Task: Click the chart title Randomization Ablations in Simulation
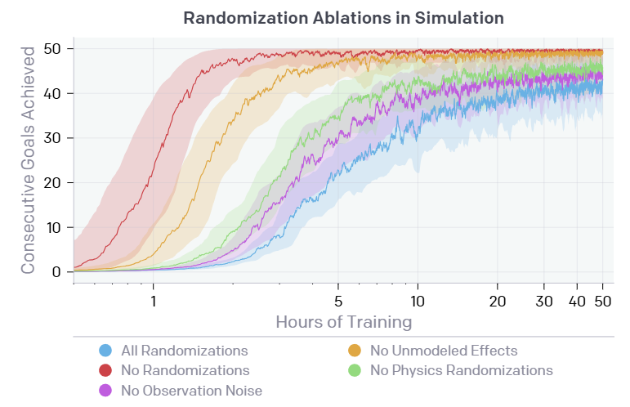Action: point(343,17)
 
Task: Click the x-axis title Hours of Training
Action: point(343,321)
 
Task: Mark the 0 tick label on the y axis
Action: point(57,272)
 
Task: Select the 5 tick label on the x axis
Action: point(338,300)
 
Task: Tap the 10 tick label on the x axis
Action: point(418,300)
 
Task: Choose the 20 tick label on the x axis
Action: point(498,300)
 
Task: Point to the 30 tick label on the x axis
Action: point(544,300)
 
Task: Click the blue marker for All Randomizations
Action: point(105,351)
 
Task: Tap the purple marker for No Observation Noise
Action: point(105,390)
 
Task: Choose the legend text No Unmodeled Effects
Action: point(444,351)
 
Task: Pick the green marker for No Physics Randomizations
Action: point(355,370)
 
